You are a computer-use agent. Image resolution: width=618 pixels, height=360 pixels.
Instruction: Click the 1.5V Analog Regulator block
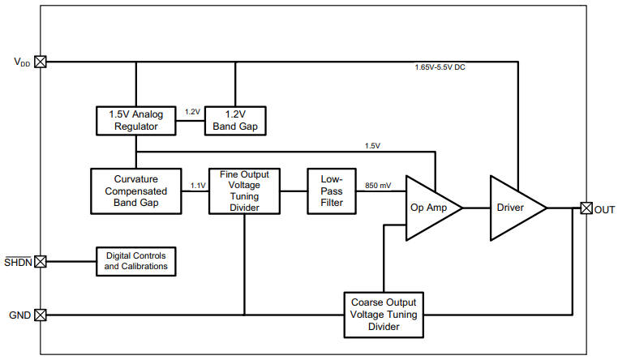coord(136,120)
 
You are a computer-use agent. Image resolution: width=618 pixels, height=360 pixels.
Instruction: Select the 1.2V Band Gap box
coord(234,120)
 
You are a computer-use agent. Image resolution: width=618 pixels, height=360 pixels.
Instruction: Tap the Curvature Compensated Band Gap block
coord(136,190)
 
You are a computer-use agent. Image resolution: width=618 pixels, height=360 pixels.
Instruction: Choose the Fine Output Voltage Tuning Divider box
coord(244,191)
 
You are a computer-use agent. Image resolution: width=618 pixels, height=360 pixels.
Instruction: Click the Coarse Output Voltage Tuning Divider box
coord(383,314)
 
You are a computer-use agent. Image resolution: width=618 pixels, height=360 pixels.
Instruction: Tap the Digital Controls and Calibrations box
coord(136,260)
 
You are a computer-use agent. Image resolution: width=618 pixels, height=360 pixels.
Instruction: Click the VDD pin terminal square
coord(41,61)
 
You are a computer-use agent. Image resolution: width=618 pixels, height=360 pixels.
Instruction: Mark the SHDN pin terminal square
coord(41,261)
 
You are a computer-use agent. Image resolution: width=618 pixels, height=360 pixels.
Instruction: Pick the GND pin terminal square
coord(41,314)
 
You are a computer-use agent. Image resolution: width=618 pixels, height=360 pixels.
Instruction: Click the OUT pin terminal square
coord(586,208)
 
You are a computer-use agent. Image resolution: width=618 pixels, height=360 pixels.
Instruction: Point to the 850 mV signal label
coord(379,185)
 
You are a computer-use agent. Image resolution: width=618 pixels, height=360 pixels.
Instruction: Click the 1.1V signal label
coord(197,185)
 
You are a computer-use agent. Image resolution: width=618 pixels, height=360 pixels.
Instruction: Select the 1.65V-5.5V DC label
coord(434,68)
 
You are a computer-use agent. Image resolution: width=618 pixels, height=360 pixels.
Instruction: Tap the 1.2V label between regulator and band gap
coord(192,111)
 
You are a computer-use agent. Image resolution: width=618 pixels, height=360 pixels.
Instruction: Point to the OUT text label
coord(604,209)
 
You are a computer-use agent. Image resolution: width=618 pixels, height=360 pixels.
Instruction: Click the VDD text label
coord(22,62)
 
